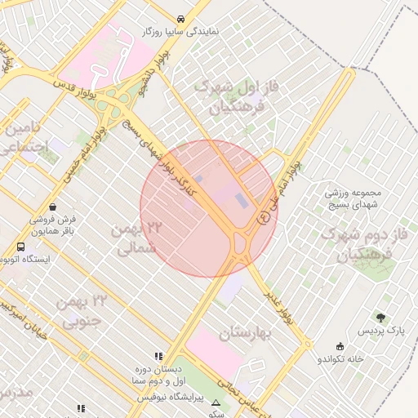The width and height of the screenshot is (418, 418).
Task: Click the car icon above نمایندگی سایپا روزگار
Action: click(x=180, y=19)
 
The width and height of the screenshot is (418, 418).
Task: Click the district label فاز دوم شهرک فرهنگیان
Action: click(x=365, y=244)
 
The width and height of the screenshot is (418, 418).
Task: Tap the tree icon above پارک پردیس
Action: click(x=381, y=318)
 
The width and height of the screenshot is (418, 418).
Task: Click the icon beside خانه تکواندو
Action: click(x=340, y=347)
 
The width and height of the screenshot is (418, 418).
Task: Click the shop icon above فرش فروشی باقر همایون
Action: click(x=53, y=207)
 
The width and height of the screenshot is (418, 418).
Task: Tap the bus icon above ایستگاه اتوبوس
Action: click(x=20, y=247)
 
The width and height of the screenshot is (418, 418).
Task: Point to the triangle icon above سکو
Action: click(x=216, y=403)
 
